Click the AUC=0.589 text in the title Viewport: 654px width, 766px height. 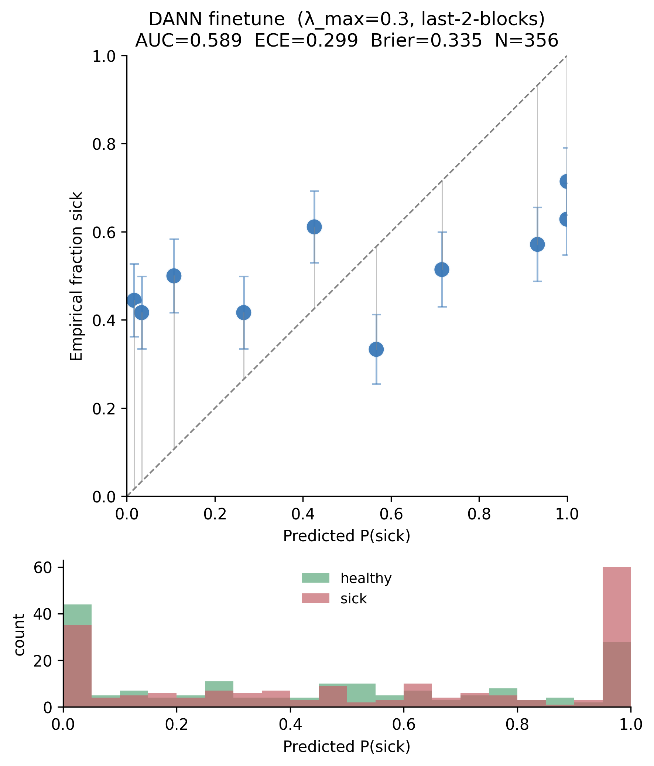coord(189,40)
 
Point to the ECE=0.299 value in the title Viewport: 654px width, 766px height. coord(306,40)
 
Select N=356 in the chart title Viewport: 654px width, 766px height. coord(526,40)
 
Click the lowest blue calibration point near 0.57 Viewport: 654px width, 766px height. coord(376,349)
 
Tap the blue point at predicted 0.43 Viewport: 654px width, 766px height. coord(314,227)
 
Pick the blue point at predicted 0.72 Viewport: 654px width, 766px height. coord(442,270)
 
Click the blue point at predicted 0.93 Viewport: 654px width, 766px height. coord(537,244)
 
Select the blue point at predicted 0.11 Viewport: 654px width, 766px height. coord(174,276)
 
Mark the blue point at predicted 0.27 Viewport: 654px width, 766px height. coord(243,313)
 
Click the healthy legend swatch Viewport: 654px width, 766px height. coord(315,578)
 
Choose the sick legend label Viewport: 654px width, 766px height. coord(354,599)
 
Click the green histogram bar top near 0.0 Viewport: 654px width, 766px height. coord(78,605)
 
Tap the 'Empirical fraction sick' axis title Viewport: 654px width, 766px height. coord(76,276)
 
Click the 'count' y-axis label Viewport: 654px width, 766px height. coord(19,635)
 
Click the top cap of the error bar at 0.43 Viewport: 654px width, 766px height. coord(314,191)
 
